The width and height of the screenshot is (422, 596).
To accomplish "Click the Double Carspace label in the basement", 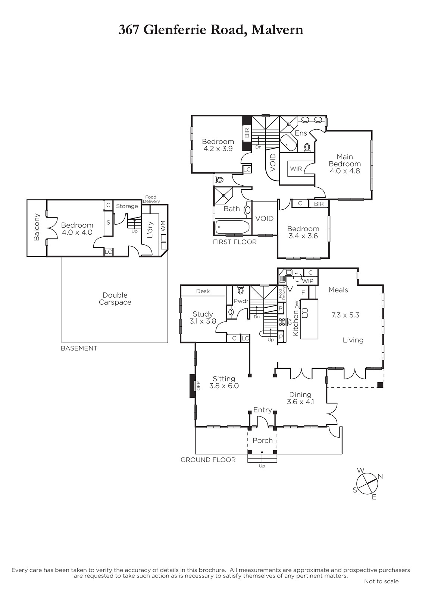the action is pyautogui.click(x=115, y=298).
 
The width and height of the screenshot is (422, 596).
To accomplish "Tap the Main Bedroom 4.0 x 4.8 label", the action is pyautogui.click(x=345, y=164).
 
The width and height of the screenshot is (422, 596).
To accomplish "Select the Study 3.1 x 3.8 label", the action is pyautogui.click(x=203, y=317).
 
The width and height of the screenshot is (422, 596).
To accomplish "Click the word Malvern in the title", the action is pyautogui.click(x=277, y=30).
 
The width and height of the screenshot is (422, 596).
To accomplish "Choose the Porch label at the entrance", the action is pyautogui.click(x=263, y=440).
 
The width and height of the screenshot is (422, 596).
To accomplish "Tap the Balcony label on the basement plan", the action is pyautogui.click(x=37, y=227).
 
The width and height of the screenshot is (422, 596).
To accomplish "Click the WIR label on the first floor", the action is pyautogui.click(x=296, y=169).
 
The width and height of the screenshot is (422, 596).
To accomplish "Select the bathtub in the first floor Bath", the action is pyautogui.click(x=232, y=227).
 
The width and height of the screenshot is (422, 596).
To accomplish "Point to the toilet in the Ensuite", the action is pyautogui.click(x=307, y=148).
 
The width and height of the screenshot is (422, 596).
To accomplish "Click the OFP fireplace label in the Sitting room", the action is pyautogui.click(x=199, y=386).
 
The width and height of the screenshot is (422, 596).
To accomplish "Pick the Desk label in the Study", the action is pyautogui.click(x=203, y=291).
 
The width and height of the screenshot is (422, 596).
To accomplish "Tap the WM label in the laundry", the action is pyautogui.click(x=163, y=226).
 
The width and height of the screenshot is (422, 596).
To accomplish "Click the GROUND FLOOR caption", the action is pyautogui.click(x=208, y=460).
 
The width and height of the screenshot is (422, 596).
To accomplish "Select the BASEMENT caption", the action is pyautogui.click(x=79, y=348).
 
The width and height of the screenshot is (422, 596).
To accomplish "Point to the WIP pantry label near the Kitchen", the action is pyautogui.click(x=307, y=281).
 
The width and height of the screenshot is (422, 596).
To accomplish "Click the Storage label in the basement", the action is pyautogui.click(x=127, y=206).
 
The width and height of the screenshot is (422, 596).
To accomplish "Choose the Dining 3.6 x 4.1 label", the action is pyautogui.click(x=300, y=398).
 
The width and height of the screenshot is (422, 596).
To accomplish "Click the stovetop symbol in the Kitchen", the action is pyautogui.click(x=282, y=322).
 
